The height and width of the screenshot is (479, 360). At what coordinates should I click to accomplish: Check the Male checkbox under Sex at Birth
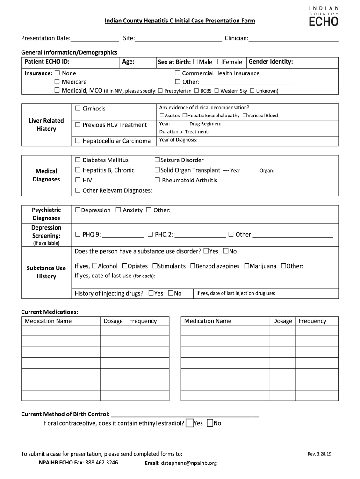tap(195, 62)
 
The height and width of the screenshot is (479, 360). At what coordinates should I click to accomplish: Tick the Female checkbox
tap(220, 62)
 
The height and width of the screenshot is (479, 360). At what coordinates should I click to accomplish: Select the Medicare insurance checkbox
tap(57, 82)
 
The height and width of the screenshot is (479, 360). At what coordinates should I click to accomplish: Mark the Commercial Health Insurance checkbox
tap(177, 73)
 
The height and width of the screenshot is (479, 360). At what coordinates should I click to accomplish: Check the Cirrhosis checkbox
tap(78, 109)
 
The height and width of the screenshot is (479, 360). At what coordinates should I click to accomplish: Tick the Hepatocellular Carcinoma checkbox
tap(78, 141)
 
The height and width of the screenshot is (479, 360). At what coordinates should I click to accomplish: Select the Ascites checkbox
tap(162, 116)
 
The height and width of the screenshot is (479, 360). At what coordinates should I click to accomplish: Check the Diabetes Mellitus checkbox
tap(78, 160)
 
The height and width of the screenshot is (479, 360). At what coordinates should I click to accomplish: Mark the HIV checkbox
tap(78, 180)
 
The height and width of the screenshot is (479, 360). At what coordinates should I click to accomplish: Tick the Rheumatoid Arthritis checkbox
tap(157, 180)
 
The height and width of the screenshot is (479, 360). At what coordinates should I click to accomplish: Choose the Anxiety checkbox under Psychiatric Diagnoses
tap(118, 210)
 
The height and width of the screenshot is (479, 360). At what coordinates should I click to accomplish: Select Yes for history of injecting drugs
tap(151, 293)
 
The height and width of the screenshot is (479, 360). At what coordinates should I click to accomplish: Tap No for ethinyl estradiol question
tap(210, 423)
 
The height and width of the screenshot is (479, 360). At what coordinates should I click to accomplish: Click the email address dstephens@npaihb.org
tap(189, 463)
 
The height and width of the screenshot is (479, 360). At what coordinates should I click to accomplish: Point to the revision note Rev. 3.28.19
tap(319, 454)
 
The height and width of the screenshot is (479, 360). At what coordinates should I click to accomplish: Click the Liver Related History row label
tap(46, 124)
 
